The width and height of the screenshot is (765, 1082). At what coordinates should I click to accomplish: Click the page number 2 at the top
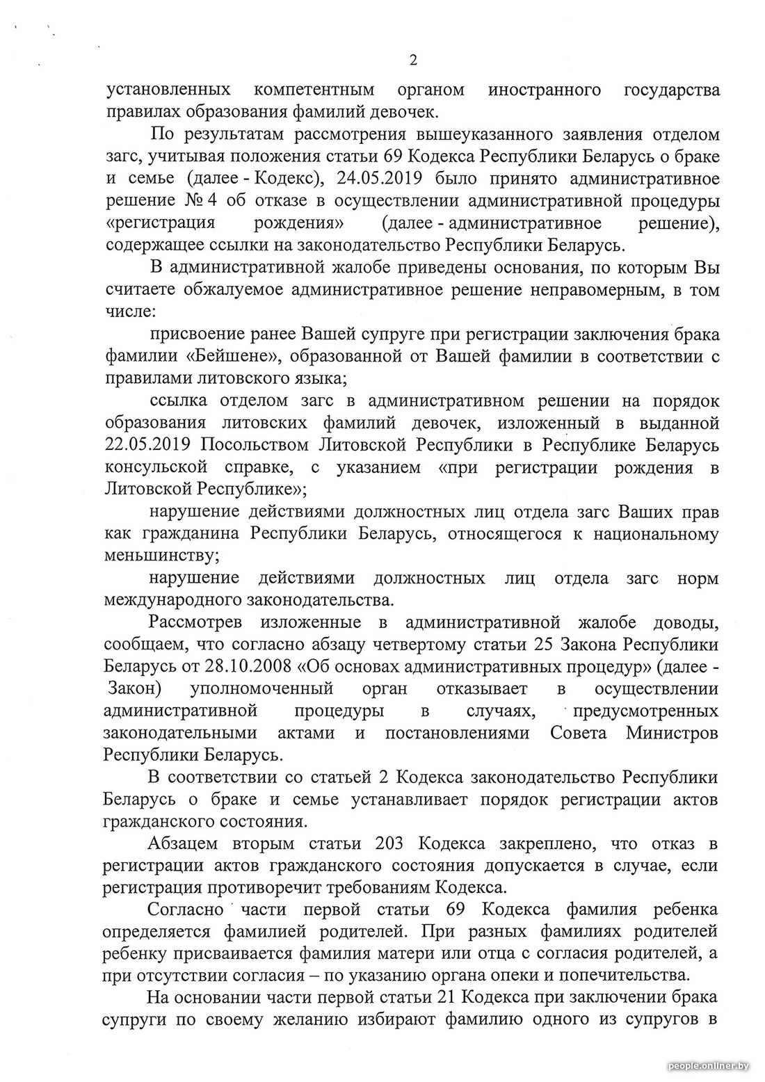click(x=413, y=60)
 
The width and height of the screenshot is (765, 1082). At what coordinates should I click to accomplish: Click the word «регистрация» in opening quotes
click(x=160, y=223)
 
